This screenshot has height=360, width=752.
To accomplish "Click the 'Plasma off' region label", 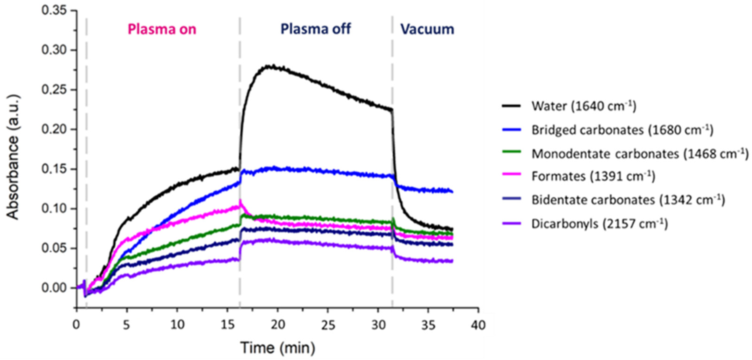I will coord(315,29).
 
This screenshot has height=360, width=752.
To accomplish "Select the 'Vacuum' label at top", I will coord(427,29).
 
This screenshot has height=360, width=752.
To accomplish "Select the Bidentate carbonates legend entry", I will coord(628,200).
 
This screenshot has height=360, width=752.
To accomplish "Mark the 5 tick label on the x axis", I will coord(126,324).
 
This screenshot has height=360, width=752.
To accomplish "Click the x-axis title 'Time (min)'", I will coord(278,347).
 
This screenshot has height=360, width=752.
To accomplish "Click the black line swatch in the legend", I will coord(511,106).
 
